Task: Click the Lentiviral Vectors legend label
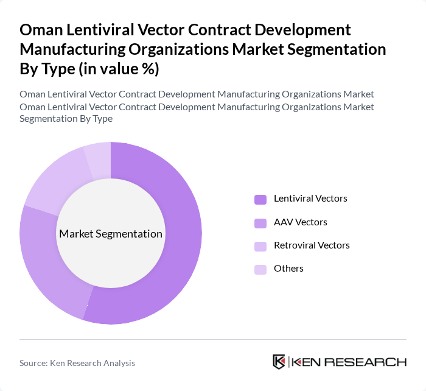pyautogui.click(x=310, y=199)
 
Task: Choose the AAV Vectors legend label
pyautogui.click(x=300, y=222)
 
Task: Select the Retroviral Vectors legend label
pyautogui.click(x=312, y=245)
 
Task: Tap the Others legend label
pyautogui.click(x=288, y=269)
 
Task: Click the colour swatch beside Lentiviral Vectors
pyautogui.click(x=260, y=199)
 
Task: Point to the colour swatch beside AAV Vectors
pyautogui.click(x=260, y=222)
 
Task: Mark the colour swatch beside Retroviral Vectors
pyautogui.click(x=260, y=245)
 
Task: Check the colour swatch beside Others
pyautogui.click(x=260, y=269)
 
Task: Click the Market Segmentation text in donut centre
pyautogui.click(x=111, y=234)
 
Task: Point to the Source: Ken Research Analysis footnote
pyautogui.click(x=77, y=363)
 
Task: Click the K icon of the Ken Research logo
pyautogui.click(x=279, y=362)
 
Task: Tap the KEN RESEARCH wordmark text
pyautogui.click(x=349, y=362)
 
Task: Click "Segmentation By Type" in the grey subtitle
pyautogui.click(x=66, y=118)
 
